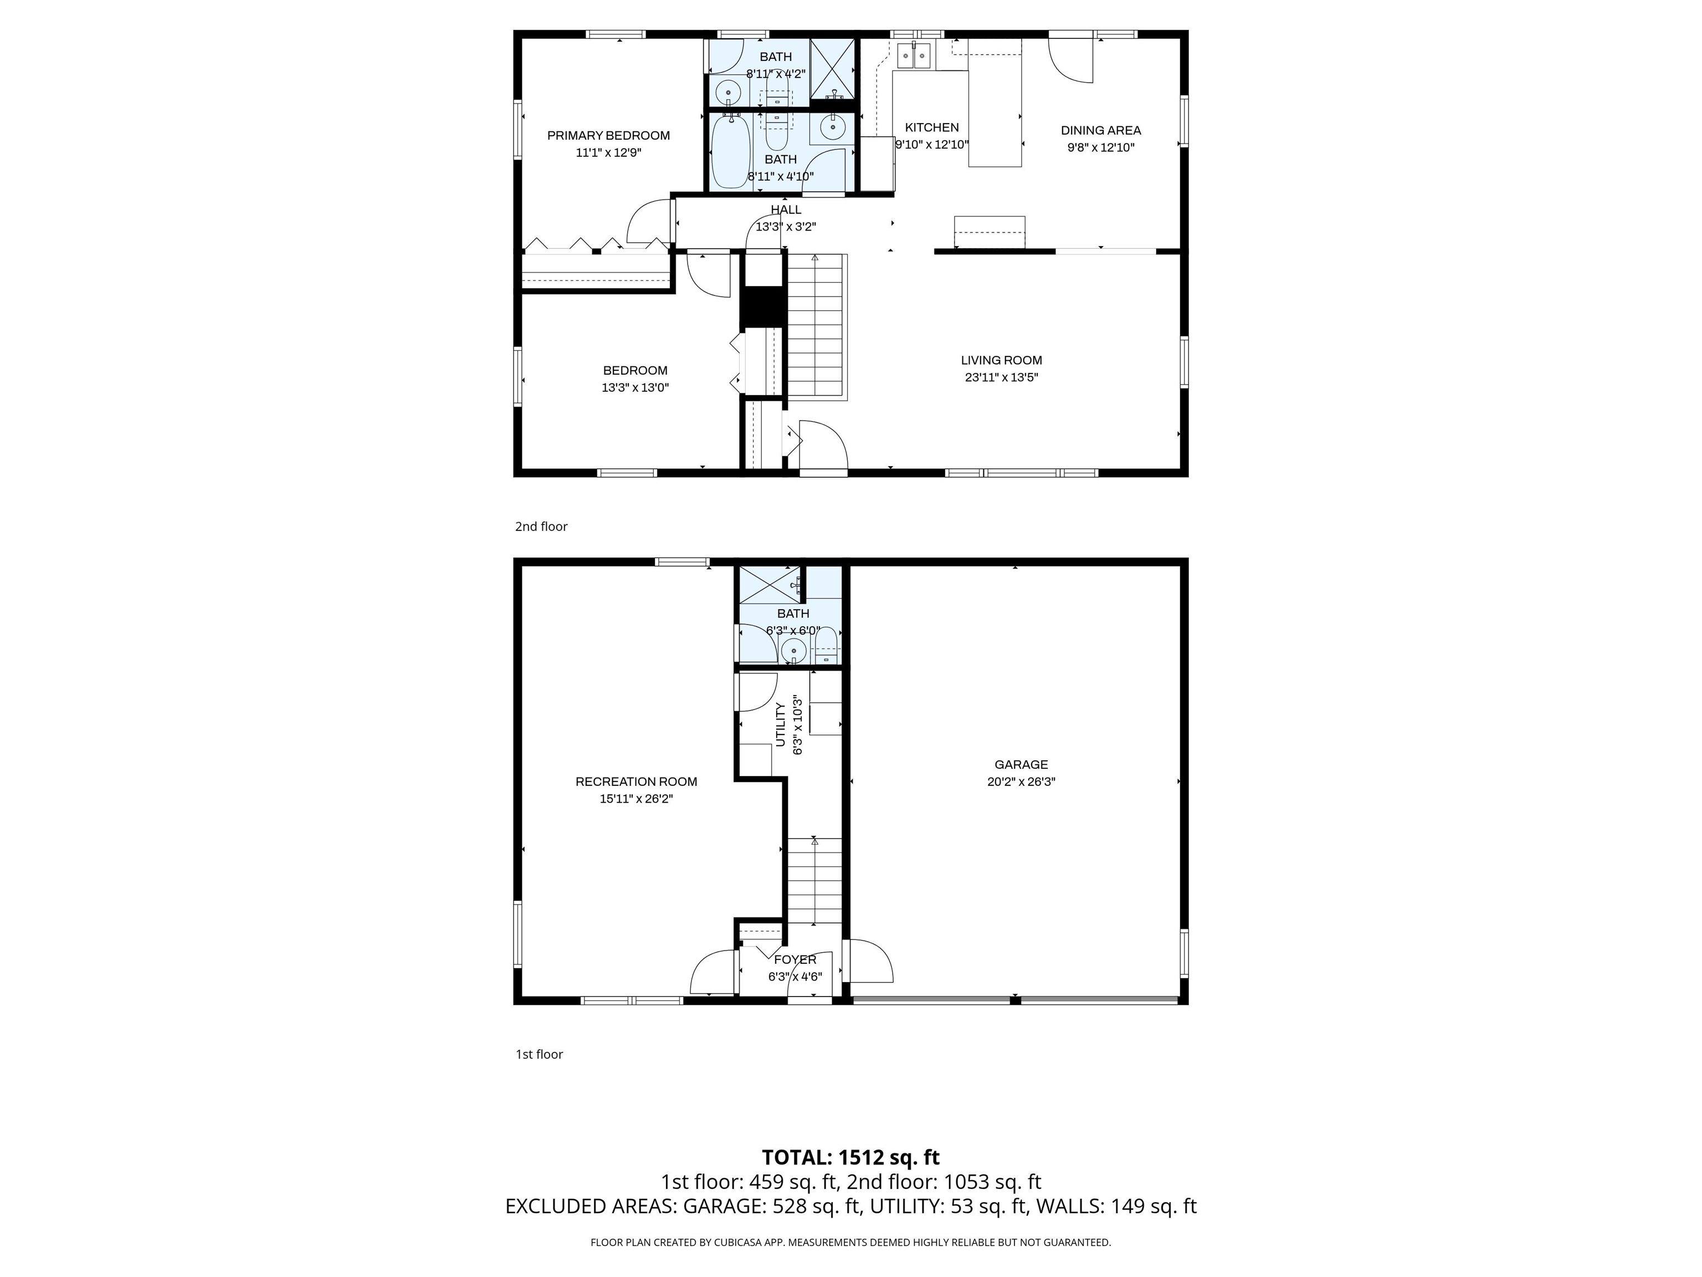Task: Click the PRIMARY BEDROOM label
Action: [608, 135]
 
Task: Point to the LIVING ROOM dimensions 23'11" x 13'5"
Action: [1001, 377]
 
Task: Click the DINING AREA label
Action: [1100, 130]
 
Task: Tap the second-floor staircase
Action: [816, 327]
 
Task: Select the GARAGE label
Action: [1021, 764]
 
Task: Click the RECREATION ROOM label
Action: [637, 781]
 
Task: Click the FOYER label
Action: [795, 960]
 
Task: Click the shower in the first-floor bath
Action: [768, 584]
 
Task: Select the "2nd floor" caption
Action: [541, 527]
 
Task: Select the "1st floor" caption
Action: [539, 1054]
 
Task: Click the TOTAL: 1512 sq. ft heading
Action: [850, 1157]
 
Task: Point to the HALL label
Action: [786, 210]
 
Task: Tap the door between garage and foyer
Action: [869, 962]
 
